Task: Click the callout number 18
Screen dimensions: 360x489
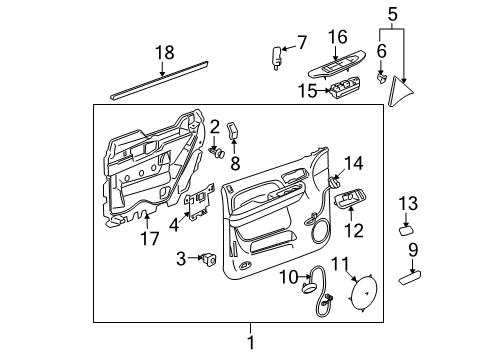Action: (164, 54)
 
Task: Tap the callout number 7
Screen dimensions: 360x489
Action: (302, 42)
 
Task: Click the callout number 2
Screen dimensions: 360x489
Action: (214, 125)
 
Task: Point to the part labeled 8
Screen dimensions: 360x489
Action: (234, 130)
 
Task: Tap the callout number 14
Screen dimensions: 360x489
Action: (354, 164)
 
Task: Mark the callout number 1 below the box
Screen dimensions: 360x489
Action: (251, 342)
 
